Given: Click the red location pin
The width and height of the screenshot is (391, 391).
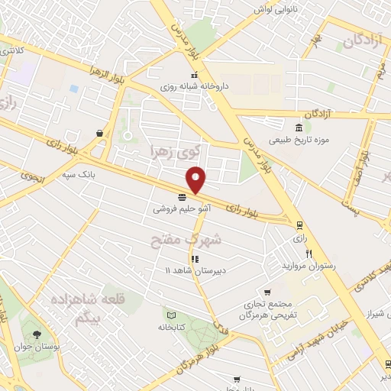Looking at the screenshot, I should point(196,178).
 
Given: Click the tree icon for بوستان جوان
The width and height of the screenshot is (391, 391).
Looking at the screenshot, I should point(35,334).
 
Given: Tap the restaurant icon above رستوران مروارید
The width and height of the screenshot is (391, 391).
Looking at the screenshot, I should point(309,254).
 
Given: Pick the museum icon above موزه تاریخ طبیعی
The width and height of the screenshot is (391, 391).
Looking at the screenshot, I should point(298,127).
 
